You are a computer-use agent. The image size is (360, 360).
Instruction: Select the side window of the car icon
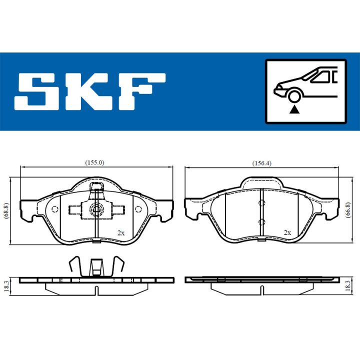(321, 76)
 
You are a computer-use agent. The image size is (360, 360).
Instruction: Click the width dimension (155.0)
(94, 162)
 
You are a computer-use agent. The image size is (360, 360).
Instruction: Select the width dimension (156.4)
(262, 162)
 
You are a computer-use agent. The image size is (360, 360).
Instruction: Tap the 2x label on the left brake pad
(120, 233)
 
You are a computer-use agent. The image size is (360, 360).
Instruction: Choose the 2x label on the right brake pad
(287, 233)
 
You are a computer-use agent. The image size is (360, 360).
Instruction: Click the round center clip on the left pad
(94, 209)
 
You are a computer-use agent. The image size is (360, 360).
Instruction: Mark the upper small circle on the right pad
(261, 202)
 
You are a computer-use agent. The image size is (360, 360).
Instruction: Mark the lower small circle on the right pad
(261, 221)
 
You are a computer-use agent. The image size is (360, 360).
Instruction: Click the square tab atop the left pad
(95, 187)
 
